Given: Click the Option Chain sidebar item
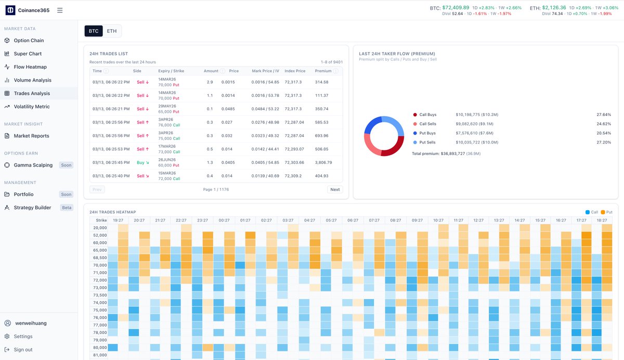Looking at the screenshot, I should (29, 41).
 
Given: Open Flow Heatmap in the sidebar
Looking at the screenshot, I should (30, 67).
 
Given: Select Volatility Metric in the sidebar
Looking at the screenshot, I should (32, 107).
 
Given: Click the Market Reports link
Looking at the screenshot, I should (31, 136).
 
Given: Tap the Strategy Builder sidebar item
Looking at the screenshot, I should (32, 208).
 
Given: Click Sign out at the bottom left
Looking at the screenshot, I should (23, 350).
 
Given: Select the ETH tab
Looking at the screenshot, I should (112, 31).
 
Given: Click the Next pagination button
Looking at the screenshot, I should (335, 189).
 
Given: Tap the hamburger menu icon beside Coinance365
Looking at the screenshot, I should (60, 10).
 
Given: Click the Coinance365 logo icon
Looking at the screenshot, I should (10, 10).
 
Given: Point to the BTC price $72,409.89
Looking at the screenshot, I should (455, 8).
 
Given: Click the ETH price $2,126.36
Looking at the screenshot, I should (554, 8).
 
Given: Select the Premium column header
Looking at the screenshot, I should (323, 71).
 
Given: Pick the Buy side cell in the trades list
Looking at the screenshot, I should (141, 162).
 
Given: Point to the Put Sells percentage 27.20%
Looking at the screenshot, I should (604, 142).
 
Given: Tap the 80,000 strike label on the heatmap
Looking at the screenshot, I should (100, 348).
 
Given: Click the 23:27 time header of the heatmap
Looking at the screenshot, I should (202, 221).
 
